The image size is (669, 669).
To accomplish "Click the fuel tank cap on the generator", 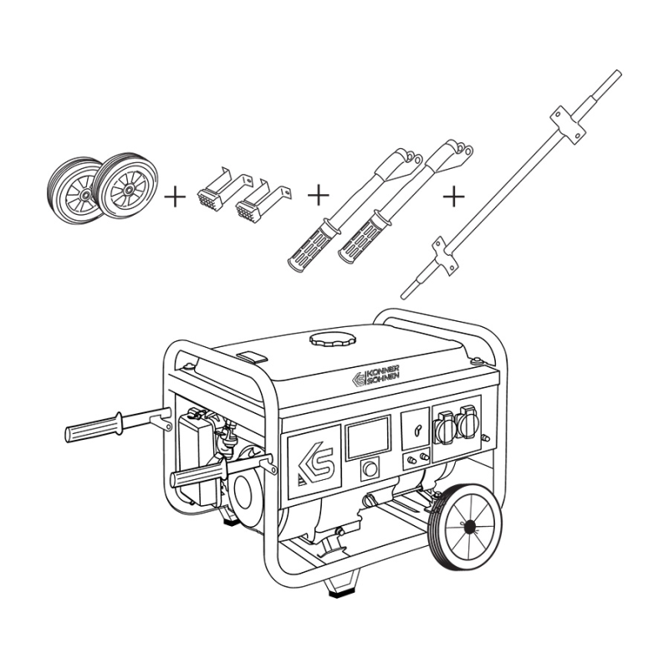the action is click(x=333, y=340).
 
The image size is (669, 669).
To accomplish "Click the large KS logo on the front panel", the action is click(x=314, y=462).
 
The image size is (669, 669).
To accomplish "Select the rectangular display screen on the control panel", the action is click(x=368, y=437).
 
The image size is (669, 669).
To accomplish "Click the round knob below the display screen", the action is click(x=370, y=468).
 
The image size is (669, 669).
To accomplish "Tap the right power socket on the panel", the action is click(x=467, y=421).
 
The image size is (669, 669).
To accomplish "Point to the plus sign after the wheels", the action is click(x=175, y=197).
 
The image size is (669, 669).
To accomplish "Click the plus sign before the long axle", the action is click(x=453, y=197).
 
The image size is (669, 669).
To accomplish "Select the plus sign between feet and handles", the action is click(x=319, y=195).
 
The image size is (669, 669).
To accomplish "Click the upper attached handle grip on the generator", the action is click(x=94, y=427).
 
